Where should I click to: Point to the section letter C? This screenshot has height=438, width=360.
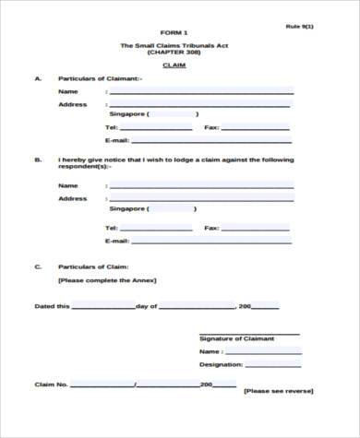click(38, 266)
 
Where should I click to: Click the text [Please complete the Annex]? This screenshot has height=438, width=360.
click(107, 279)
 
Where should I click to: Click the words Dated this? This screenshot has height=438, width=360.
click(52, 305)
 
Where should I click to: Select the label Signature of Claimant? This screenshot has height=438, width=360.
click(236, 338)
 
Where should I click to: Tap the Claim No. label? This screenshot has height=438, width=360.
click(50, 385)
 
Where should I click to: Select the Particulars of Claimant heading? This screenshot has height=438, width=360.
click(100, 79)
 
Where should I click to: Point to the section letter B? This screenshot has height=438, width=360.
click(38, 160)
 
